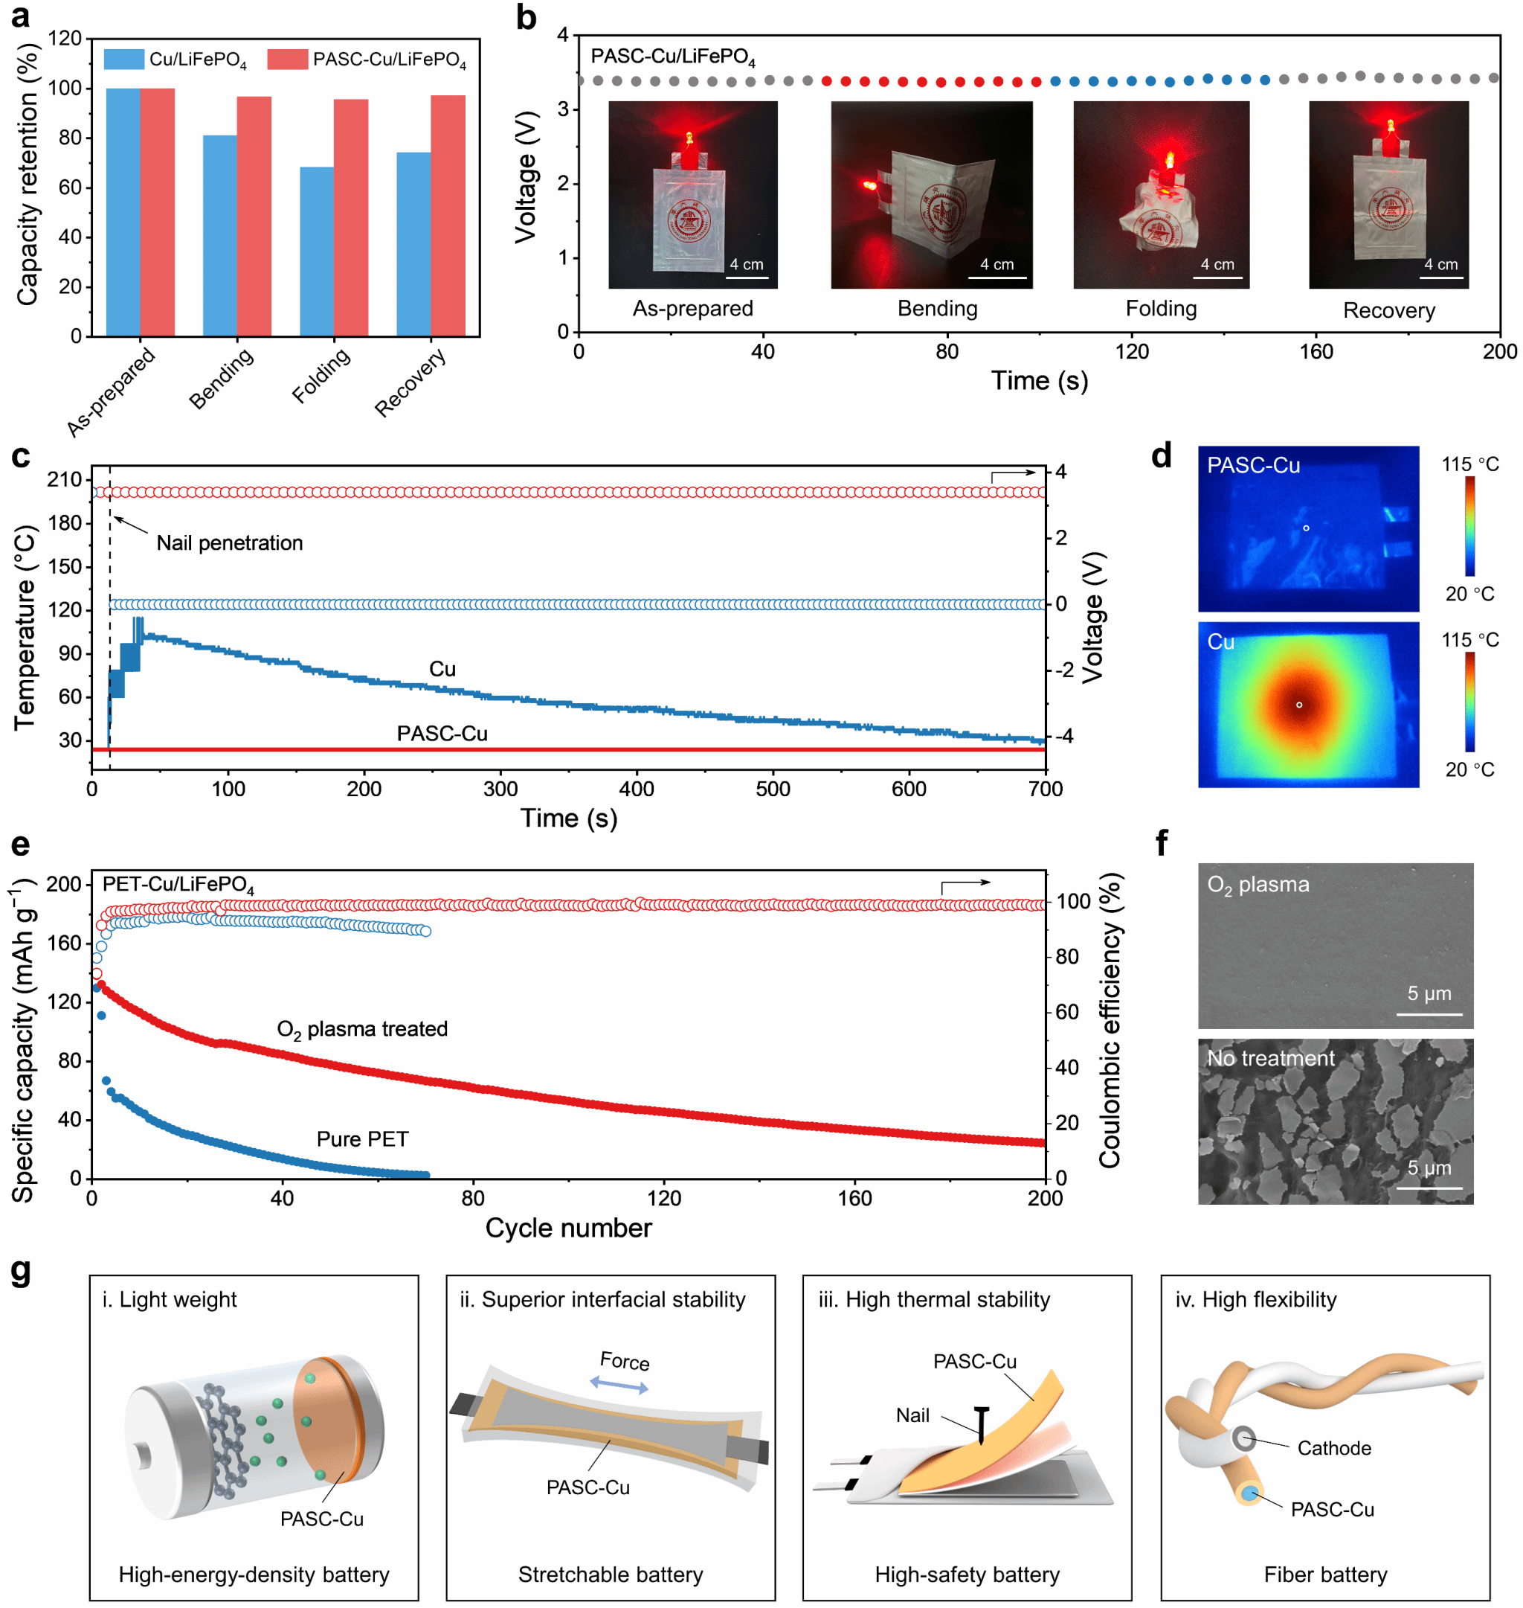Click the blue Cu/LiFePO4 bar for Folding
[x=317, y=252]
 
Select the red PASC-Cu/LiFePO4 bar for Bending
[x=254, y=216]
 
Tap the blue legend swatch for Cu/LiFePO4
[x=123, y=60]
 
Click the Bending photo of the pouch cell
[x=931, y=194]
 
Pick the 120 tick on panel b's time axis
[x=1132, y=352]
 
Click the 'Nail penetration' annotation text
[x=230, y=542]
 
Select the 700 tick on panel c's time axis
[x=1046, y=789]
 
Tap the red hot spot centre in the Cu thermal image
[x=1299, y=704]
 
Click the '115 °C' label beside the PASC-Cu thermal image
[x=1469, y=464]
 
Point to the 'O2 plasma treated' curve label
[x=362, y=1029]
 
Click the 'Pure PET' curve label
[x=362, y=1138]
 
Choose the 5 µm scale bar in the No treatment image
[x=1429, y=1188]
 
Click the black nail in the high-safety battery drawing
[x=982, y=1424]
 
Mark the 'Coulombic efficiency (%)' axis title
[x=1110, y=1020]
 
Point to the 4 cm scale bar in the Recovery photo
[x=1441, y=277]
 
